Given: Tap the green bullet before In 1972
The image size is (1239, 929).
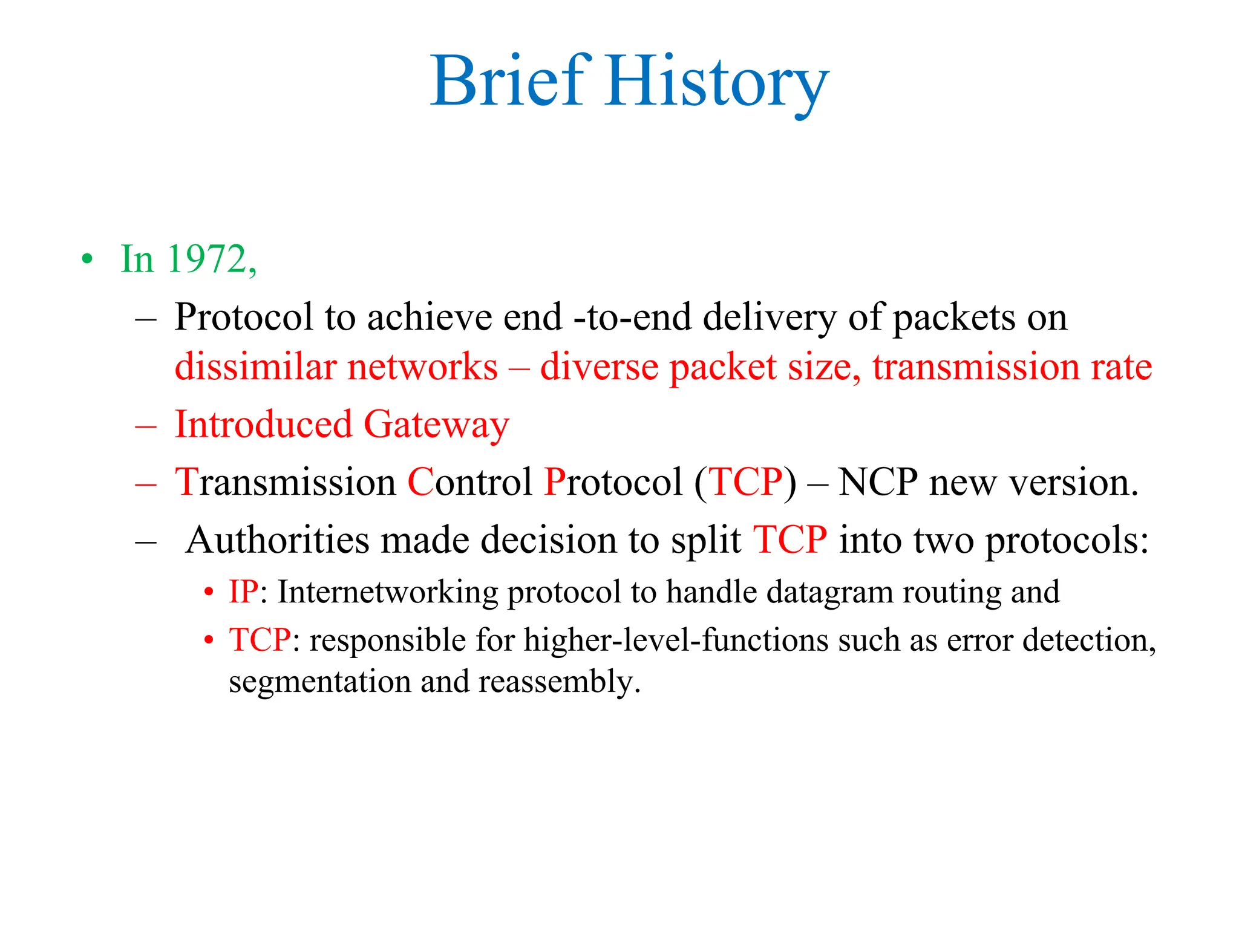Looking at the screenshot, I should click(x=88, y=259).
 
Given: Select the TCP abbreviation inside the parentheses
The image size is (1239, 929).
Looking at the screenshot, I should click(x=745, y=483).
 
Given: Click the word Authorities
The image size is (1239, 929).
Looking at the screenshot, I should click(x=276, y=540).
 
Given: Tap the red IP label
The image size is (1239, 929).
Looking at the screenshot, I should click(x=243, y=592).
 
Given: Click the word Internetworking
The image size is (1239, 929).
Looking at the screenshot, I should click(x=388, y=592).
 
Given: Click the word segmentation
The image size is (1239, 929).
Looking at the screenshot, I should click(x=319, y=682).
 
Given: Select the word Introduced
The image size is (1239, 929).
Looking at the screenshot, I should click(x=263, y=425).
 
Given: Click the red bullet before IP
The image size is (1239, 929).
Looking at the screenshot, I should click(x=209, y=592).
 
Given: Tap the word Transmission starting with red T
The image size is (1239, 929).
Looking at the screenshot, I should click(x=285, y=483).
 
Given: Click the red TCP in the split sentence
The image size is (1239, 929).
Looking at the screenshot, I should click(x=789, y=540).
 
